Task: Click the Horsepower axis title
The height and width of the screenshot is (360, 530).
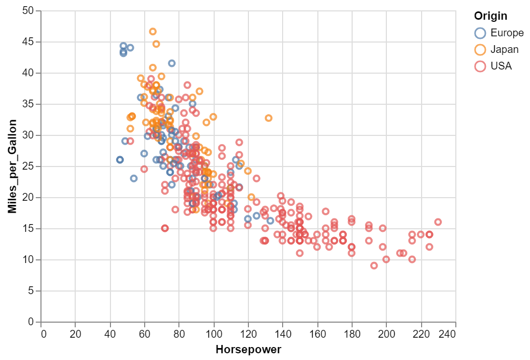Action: pyautogui.click(x=248, y=350)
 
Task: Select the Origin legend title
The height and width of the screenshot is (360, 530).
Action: pyautogui.click(x=490, y=16)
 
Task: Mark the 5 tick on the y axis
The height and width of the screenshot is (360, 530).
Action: pyautogui.click(x=31, y=291)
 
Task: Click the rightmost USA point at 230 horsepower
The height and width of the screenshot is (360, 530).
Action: pyautogui.click(x=438, y=222)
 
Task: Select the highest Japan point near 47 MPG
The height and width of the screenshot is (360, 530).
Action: pyautogui.click(x=153, y=32)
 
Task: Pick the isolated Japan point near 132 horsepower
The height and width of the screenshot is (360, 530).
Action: pyautogui.click(x=269, y=118)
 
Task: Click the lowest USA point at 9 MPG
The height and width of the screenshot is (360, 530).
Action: pyautogui.click(x=374, y=266)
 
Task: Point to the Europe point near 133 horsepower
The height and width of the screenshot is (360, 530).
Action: pyautogui.click(x=270, y=221)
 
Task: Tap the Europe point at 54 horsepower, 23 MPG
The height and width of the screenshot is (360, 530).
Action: pyautogui.click(x=134, y=178)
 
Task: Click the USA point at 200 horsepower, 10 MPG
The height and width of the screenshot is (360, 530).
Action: pyautogui.click(x=386, y=259)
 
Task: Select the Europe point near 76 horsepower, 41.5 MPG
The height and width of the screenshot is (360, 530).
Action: pyautogui.click(x=172, y=63)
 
